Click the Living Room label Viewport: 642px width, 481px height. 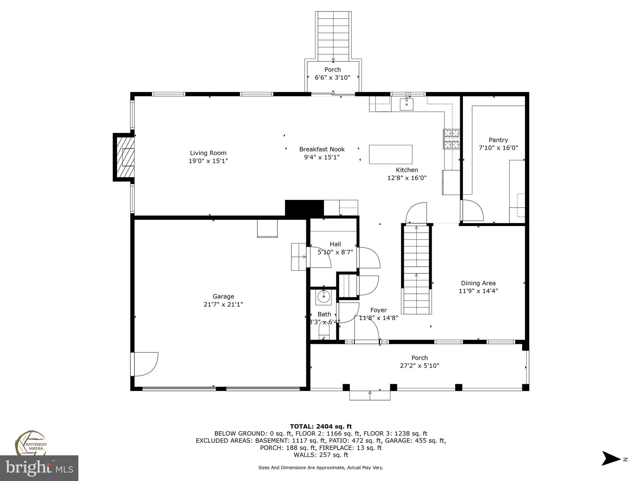pos(208,153)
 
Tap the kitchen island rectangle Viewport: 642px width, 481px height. pos(390,154)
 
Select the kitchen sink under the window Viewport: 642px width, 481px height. pos(407,104)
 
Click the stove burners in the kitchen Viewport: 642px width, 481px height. pos(451,139)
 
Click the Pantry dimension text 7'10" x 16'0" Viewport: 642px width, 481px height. pos(498,148)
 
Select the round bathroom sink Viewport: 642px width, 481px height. pos(324,296)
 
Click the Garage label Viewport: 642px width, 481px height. pos(223,296)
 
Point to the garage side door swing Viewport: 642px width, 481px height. pos(146,364)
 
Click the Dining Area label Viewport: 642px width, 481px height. pos(478,283)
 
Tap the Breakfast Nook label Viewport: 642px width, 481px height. pos(322,149)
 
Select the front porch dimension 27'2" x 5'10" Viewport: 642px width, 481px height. pos(419,365)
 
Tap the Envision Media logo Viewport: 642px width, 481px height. pos(30,443)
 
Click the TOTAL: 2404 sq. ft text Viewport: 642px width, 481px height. pos(321,426)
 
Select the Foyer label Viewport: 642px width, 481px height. pos(378,310)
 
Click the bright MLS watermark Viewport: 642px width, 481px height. pos(39,468)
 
